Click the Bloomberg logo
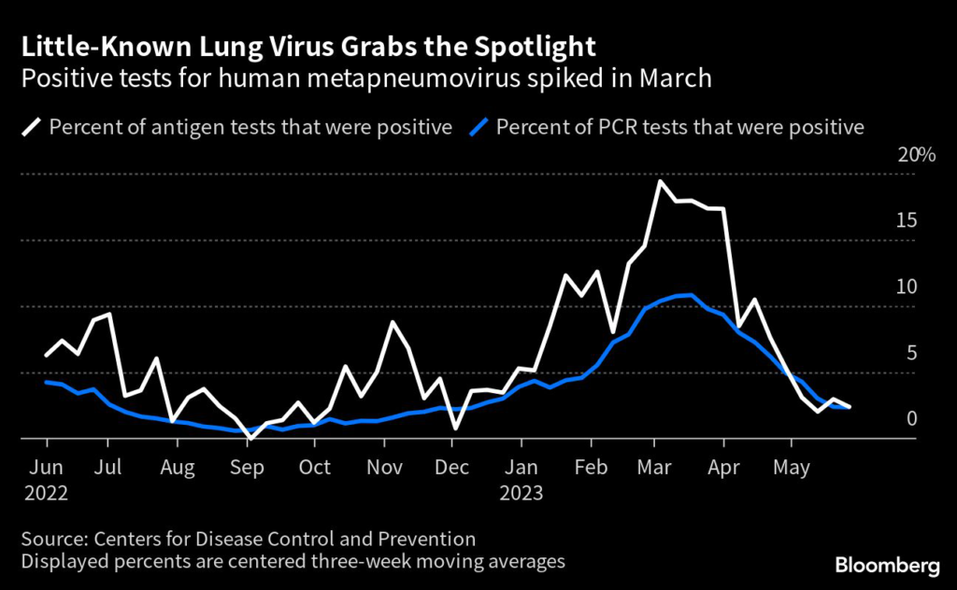tap(887, 565)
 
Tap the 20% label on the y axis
tap(916, 155)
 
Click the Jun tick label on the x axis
tap(46, 467)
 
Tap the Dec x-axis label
tap(452, 467)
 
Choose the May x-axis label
tap(792, 467)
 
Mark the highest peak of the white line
tap(660, 181)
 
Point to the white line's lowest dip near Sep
tap(250, 437)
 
